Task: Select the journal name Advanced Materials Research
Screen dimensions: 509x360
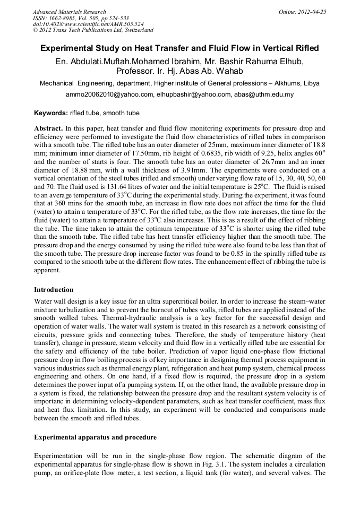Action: pyautogui.click(x=69, y=11)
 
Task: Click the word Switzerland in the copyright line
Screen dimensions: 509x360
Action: pyautogui.click(x=136, y=30)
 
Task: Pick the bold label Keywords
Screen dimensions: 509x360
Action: pyautogui.click(x=50, y=113)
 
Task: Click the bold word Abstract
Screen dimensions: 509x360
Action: pyautogui.click(x=48, y=129)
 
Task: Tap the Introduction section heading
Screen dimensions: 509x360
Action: pyautogui.click(x=54, y=290)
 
